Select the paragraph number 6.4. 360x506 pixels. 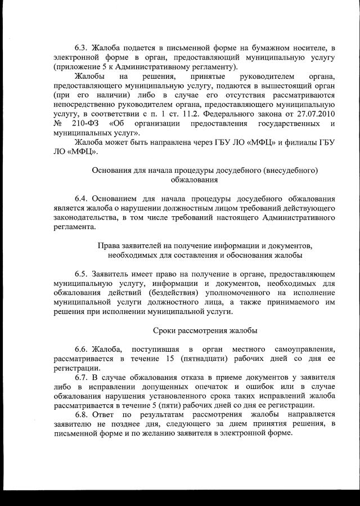tap(82, 198)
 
